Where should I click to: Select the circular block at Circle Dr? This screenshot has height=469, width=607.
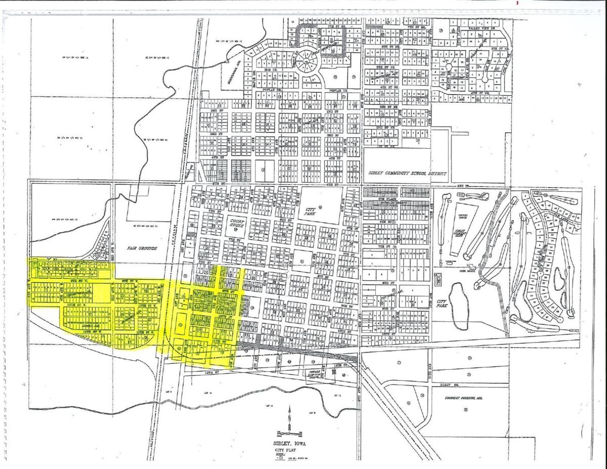(x=308, y=62)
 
